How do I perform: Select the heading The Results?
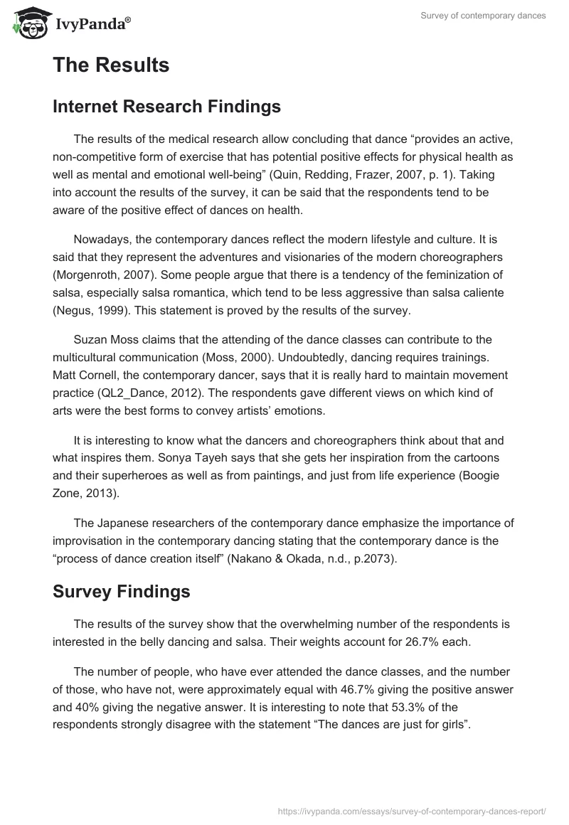click(111, 65)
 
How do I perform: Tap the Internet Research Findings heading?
click(166, 107)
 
